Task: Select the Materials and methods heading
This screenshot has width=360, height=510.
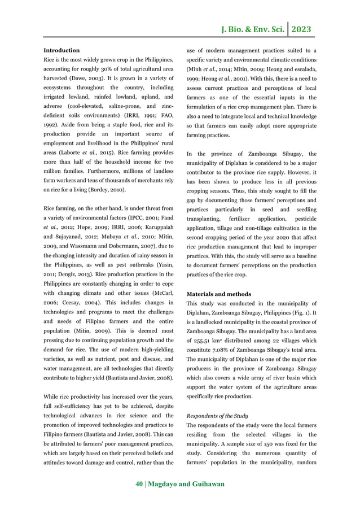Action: [x=219, y=294]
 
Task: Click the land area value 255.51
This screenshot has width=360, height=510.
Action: [x=203, y=333]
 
